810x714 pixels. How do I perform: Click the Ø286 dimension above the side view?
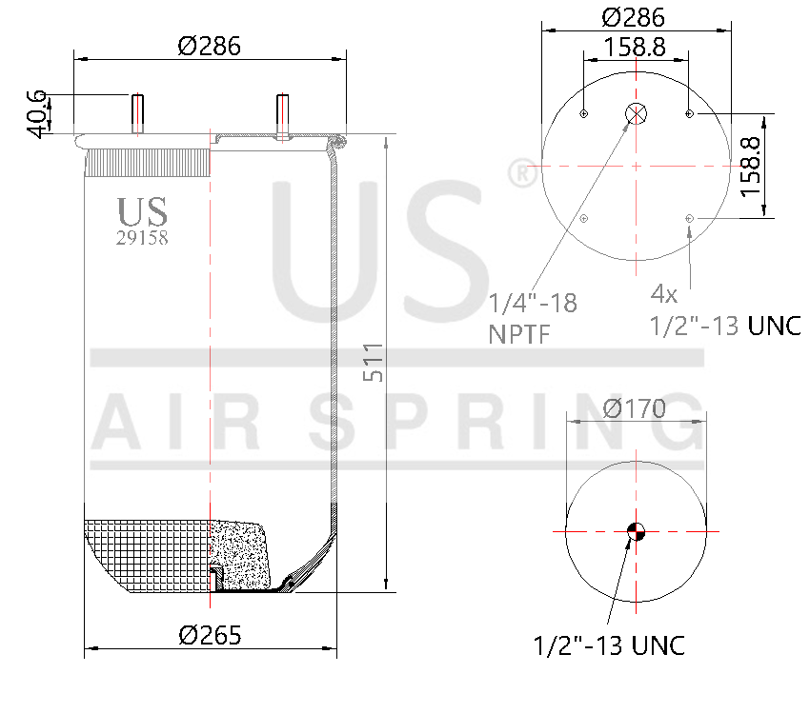click(209, 45)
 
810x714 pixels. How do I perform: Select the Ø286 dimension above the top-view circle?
click(634, 16)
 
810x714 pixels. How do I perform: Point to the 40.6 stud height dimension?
click(36, 112)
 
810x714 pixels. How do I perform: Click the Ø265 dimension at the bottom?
click(210, 634)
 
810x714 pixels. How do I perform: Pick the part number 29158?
click(142, 239)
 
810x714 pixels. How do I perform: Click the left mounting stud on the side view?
click(138, 114)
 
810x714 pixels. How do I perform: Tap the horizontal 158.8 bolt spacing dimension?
click(634, 46)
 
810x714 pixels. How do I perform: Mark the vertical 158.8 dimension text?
click(752, 166)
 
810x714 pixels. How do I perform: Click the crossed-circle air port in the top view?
click(636, 114)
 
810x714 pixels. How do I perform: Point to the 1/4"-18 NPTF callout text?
click(533, 318)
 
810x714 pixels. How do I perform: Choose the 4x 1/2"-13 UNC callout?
click(724, 308)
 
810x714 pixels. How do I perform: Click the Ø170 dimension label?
click(635, 408)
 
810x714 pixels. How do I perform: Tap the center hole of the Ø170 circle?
click(636, 531)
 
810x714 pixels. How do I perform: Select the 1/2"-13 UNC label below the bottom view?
click(609, 645)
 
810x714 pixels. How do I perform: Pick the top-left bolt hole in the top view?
click(583, 114)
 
